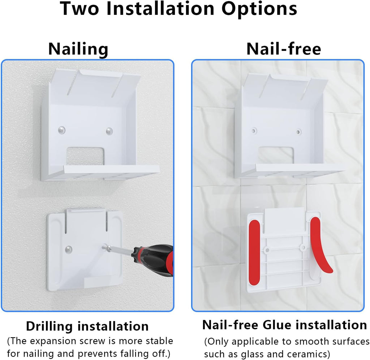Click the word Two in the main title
point(79,9)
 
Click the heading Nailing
point(78,49)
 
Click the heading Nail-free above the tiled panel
point(284,49)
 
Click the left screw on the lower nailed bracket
point(68,249)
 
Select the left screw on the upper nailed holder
point(61,130)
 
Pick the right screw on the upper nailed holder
point(109,131)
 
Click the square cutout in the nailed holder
point(85,156)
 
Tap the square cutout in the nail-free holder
point(276,155)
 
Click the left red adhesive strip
point(254,252)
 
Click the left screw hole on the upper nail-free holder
point(254,130)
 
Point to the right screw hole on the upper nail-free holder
point(298,132)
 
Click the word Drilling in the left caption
point(49,327)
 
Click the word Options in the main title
point(259,9)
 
